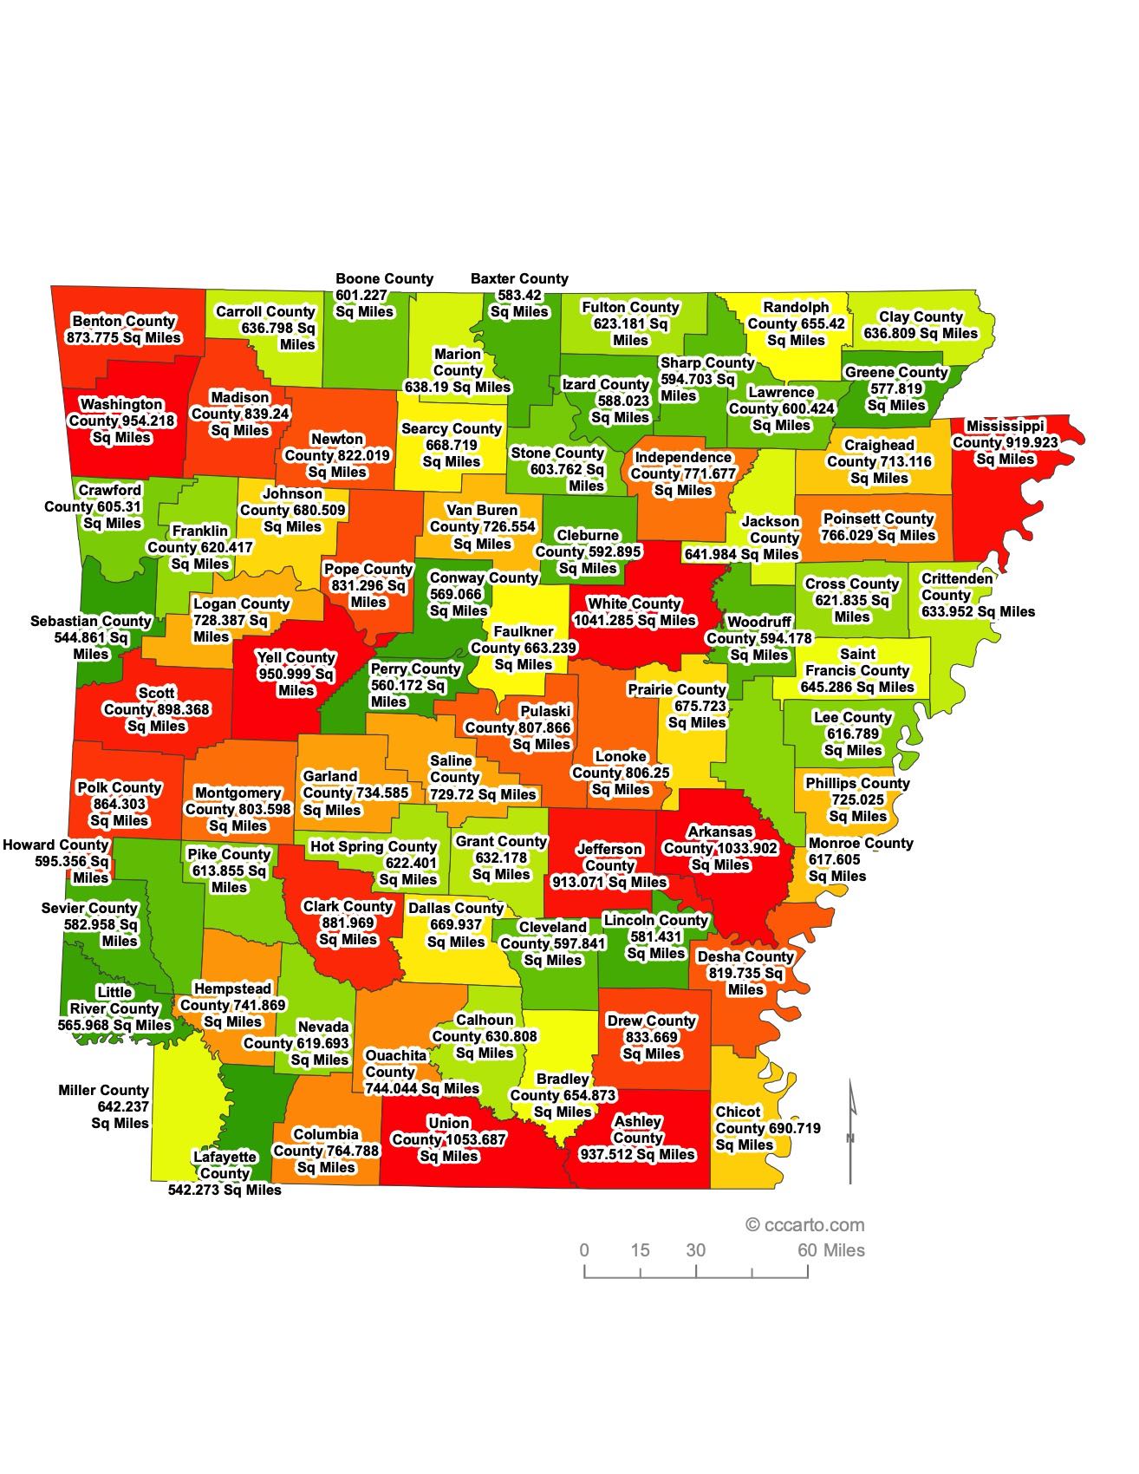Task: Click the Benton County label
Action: (x=124, y=329)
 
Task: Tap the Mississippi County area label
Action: (x=1006, y=442)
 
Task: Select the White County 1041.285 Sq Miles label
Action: (x=635, y=612)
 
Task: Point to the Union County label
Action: (x=449, y=1139)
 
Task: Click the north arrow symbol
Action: (x=850, y=1132)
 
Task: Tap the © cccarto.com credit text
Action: (x=805, y=1225)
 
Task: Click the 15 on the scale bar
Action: (x=640, y=1250)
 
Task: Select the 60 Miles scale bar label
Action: (x=830, y=1250)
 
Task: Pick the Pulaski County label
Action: (x=519, y=727)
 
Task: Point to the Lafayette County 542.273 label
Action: (x=225, y=1173)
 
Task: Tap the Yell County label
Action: (x=296, y=674)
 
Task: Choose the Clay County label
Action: (x=921, y=325)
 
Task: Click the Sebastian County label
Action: (x=91, y=637)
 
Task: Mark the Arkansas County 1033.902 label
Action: (x=720, y=848)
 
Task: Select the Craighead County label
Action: (x=879, y=461)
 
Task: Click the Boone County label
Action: (x=383, y=295)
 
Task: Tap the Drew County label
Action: (x=652, y=1037)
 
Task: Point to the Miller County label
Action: (x=104, y=1106)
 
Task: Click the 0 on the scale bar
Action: (x=584, y=1250)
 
